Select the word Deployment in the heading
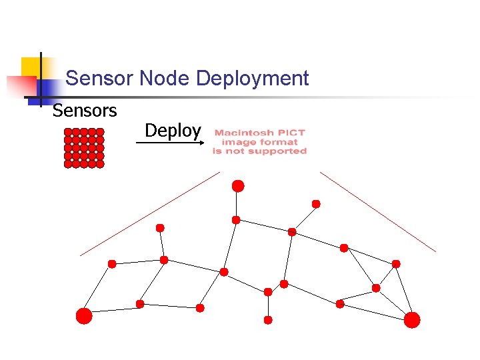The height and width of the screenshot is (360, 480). [x=253, y=79]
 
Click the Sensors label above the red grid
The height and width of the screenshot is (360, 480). [x=85, y=110]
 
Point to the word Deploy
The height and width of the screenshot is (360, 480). [x=172, y=131]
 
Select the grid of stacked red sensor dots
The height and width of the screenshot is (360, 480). [x=84, y=148]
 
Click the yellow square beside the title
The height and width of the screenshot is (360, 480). [x=31, y=67]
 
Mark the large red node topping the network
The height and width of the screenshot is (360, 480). [x=238, y=186]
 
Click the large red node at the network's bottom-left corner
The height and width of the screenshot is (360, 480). [x=84, y=316]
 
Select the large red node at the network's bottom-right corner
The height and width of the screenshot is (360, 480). [x=412, y=320]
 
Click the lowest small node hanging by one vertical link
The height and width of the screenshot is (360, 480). [x=268, y=320]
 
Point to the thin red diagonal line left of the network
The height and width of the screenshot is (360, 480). [x=149, y=213]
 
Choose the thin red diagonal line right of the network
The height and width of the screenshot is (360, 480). [x=377, y=211]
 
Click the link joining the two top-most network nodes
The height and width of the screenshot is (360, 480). [x=237, y=203]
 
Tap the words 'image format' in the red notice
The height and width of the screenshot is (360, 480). [x=259, y=142]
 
